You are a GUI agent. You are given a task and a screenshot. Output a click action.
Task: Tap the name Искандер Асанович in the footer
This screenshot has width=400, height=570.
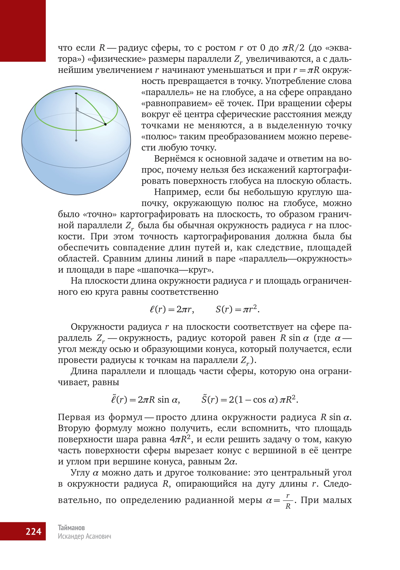(x=84, y=536)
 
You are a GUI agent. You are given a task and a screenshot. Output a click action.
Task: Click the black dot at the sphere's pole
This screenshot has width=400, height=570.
(x=76, y=93)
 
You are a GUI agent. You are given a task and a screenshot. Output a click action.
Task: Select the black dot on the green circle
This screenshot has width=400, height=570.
(x=105, y=124)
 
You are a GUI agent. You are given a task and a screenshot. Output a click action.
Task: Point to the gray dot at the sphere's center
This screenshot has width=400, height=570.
(x=76, y=140)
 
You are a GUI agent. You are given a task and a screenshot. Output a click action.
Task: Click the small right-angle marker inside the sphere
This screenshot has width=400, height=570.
(x=78, y=109)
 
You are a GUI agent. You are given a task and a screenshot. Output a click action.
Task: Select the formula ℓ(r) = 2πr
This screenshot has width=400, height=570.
(x=172, y=309)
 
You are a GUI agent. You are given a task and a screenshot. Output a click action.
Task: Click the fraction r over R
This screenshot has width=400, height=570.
(x=288, y=501)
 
